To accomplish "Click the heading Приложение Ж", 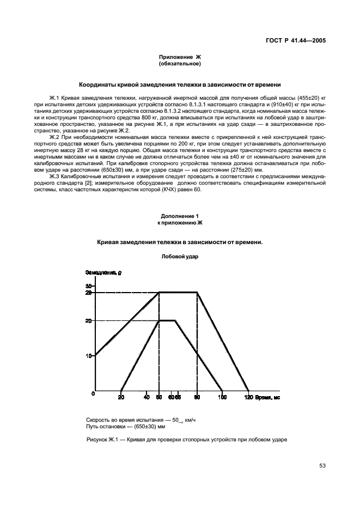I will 180,57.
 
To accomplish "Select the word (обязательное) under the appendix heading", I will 180,64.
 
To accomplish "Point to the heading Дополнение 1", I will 180,216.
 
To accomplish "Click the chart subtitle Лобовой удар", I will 180,257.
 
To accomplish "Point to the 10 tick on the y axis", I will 89,356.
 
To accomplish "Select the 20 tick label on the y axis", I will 89,321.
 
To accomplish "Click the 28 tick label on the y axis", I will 89,293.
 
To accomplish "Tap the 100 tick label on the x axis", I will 222,398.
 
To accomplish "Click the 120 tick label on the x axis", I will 248,398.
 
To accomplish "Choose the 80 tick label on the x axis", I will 197,398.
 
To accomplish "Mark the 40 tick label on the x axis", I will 146,398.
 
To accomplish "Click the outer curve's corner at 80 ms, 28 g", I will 197,293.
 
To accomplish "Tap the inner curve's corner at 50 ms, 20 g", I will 158,320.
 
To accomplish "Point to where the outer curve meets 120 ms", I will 248,391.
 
